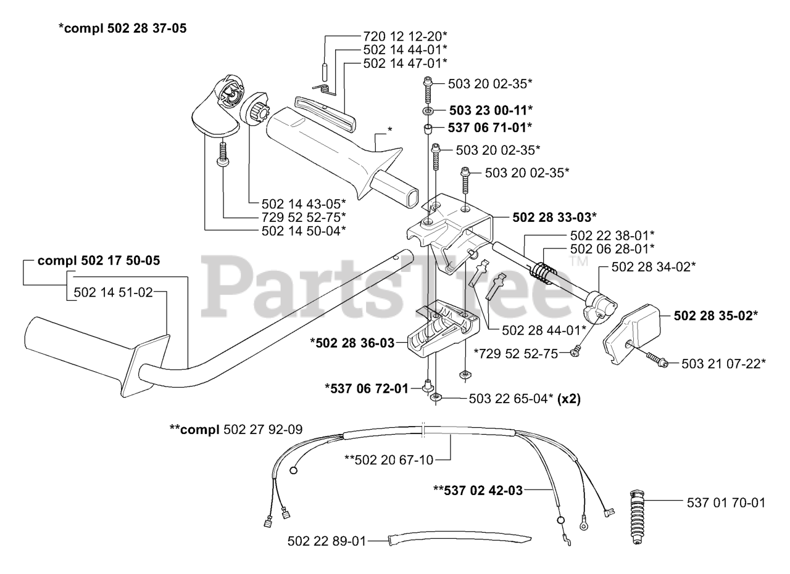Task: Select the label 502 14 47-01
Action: [405, 63]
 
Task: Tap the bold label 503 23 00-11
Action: [491, 110]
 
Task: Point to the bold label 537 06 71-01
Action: [491, 128]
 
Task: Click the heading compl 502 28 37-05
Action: [122, 28]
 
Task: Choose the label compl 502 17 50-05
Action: [99, 261]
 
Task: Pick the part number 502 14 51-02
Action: [113, 293]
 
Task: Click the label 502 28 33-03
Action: [554, 217]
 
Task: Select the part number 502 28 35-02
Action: [716, 315]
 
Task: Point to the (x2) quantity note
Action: [568, 399]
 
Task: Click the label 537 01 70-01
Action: [726, 503]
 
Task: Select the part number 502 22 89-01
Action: [326, 541]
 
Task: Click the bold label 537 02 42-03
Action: [478, 491]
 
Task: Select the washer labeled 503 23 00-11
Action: [428, 111]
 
